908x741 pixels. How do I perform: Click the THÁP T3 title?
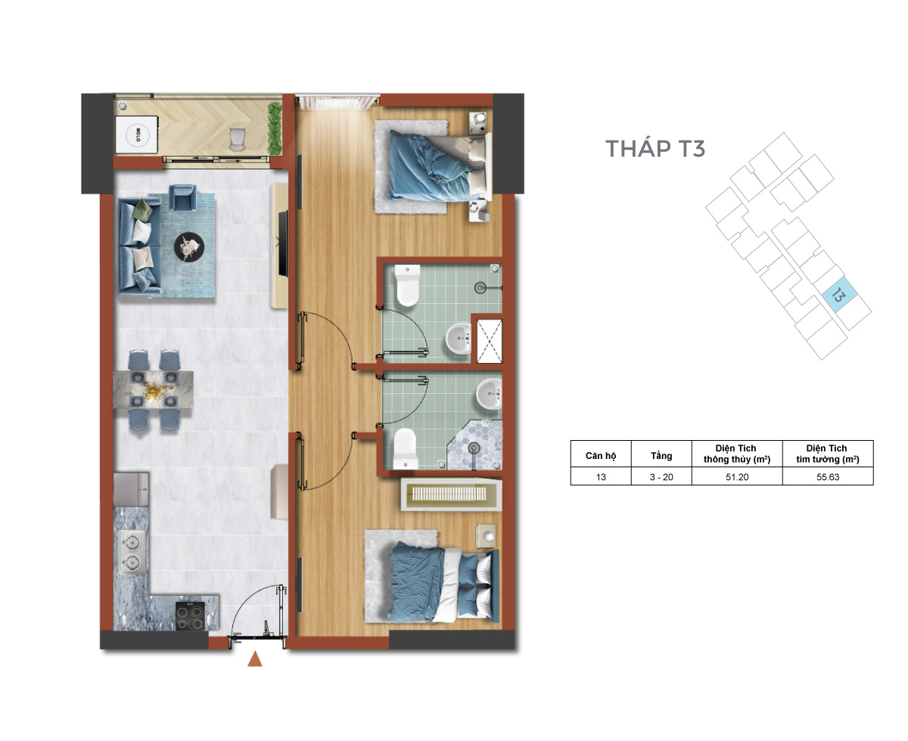click(655, 147)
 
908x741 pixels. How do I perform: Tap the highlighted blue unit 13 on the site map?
click(839, 295)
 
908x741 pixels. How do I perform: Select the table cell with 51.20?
click(737, 477)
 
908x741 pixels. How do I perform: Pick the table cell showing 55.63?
click(828, 477)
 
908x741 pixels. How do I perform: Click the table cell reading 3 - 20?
click(661, 477)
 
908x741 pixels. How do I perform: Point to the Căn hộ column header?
click(601, 455)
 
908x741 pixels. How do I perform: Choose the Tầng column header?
click(661, 455)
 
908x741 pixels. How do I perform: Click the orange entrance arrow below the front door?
click(255, 659)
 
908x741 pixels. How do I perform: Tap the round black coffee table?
click(189, 246)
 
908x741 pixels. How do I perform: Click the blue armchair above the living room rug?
click(183, 197)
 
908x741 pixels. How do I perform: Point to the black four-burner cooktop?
click(190, 615)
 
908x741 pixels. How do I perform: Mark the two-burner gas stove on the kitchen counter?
click(132, 552)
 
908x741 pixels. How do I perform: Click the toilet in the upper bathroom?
click(407, 285)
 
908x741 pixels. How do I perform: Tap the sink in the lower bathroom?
click(489, 394)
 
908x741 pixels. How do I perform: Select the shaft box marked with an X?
click(490, 341)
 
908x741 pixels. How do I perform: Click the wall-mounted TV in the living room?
click(282, 243)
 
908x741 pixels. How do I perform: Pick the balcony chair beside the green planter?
click(236, 138)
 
